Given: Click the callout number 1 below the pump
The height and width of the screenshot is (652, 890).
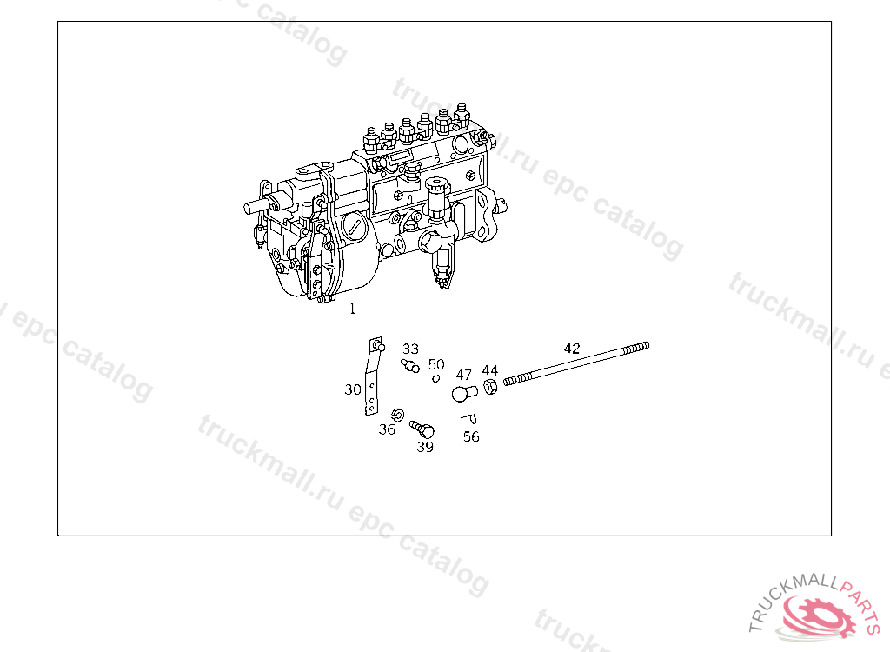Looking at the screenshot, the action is [352, 308].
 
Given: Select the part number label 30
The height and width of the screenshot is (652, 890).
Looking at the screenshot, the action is [352, 389].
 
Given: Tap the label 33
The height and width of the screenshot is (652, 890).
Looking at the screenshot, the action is [410, 349].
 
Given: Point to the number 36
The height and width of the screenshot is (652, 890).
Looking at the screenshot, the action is [387, 429].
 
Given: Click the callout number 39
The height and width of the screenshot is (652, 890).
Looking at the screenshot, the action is [425, 447].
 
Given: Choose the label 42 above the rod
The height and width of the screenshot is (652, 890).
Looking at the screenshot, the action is [571, 348].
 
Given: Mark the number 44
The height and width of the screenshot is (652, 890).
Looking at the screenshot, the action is [490, 370].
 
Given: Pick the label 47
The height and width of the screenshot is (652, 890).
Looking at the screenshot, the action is [464, 375].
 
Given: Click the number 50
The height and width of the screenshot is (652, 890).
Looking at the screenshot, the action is [436, 364].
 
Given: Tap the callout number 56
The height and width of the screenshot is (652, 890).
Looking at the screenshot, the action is [471, 436].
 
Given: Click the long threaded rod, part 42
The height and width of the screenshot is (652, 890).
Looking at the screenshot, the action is [574, 363].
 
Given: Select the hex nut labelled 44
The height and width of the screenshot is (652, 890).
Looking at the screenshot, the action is [489, 387].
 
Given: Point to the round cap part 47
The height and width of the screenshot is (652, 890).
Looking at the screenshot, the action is [463, 394].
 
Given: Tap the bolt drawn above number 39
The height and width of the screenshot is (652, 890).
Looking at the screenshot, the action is [422, 429].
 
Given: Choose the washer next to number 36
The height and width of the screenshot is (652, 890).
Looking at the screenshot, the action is [398, 413].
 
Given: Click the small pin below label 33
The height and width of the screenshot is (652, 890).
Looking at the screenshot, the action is [410, 365].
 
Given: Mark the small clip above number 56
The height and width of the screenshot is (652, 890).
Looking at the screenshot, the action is [469, 419].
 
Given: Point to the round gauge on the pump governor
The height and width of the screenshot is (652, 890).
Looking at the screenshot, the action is [353, 228].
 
